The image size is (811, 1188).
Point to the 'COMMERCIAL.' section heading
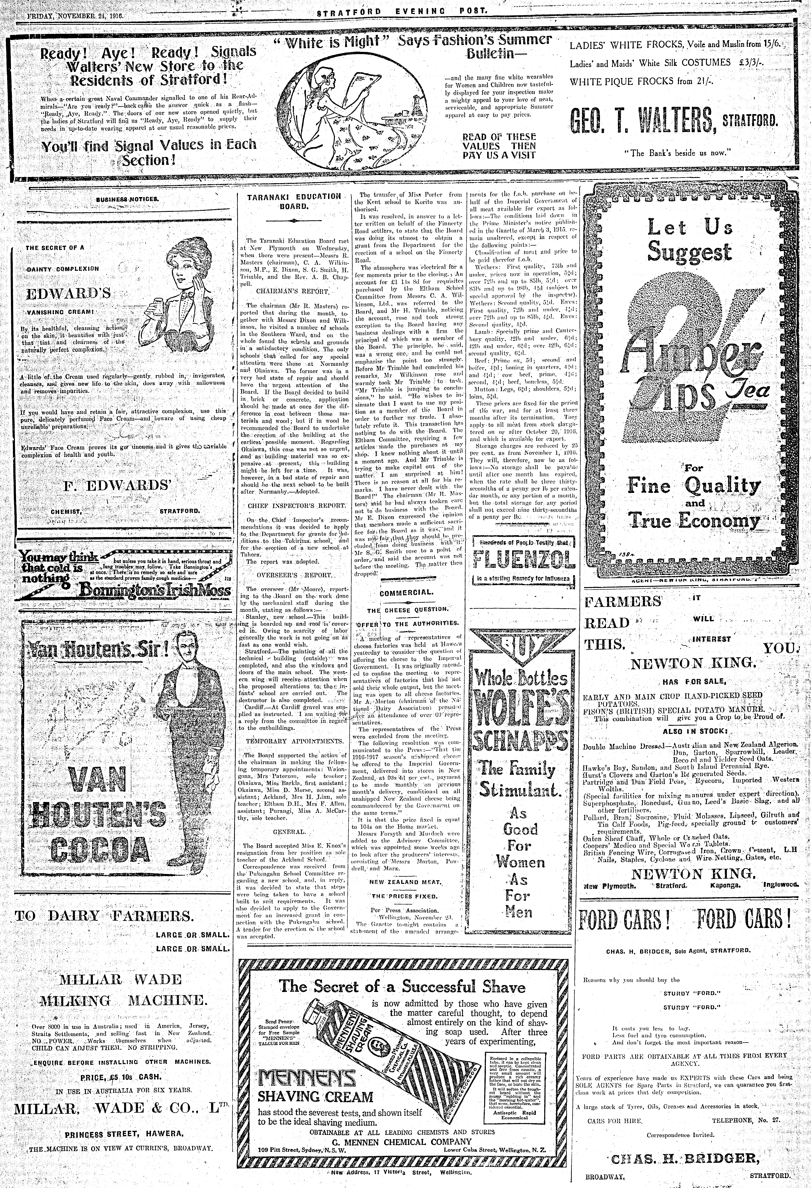point(407,593)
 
